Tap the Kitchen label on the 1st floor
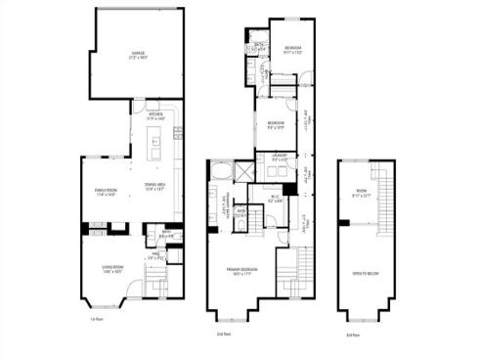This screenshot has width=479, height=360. pos(154,114)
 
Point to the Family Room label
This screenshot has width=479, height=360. pos(105,192)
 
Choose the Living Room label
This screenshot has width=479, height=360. pos(111,269)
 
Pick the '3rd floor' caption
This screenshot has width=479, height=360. pos(351,334)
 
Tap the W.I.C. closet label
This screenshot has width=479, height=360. pos(276,202)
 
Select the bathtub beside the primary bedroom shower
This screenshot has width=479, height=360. pos(222,172)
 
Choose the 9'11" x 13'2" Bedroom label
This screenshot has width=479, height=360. pos(293,50)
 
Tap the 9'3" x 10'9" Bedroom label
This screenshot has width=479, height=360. pos(276,123)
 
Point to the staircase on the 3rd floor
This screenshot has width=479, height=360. pos(384,202)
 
